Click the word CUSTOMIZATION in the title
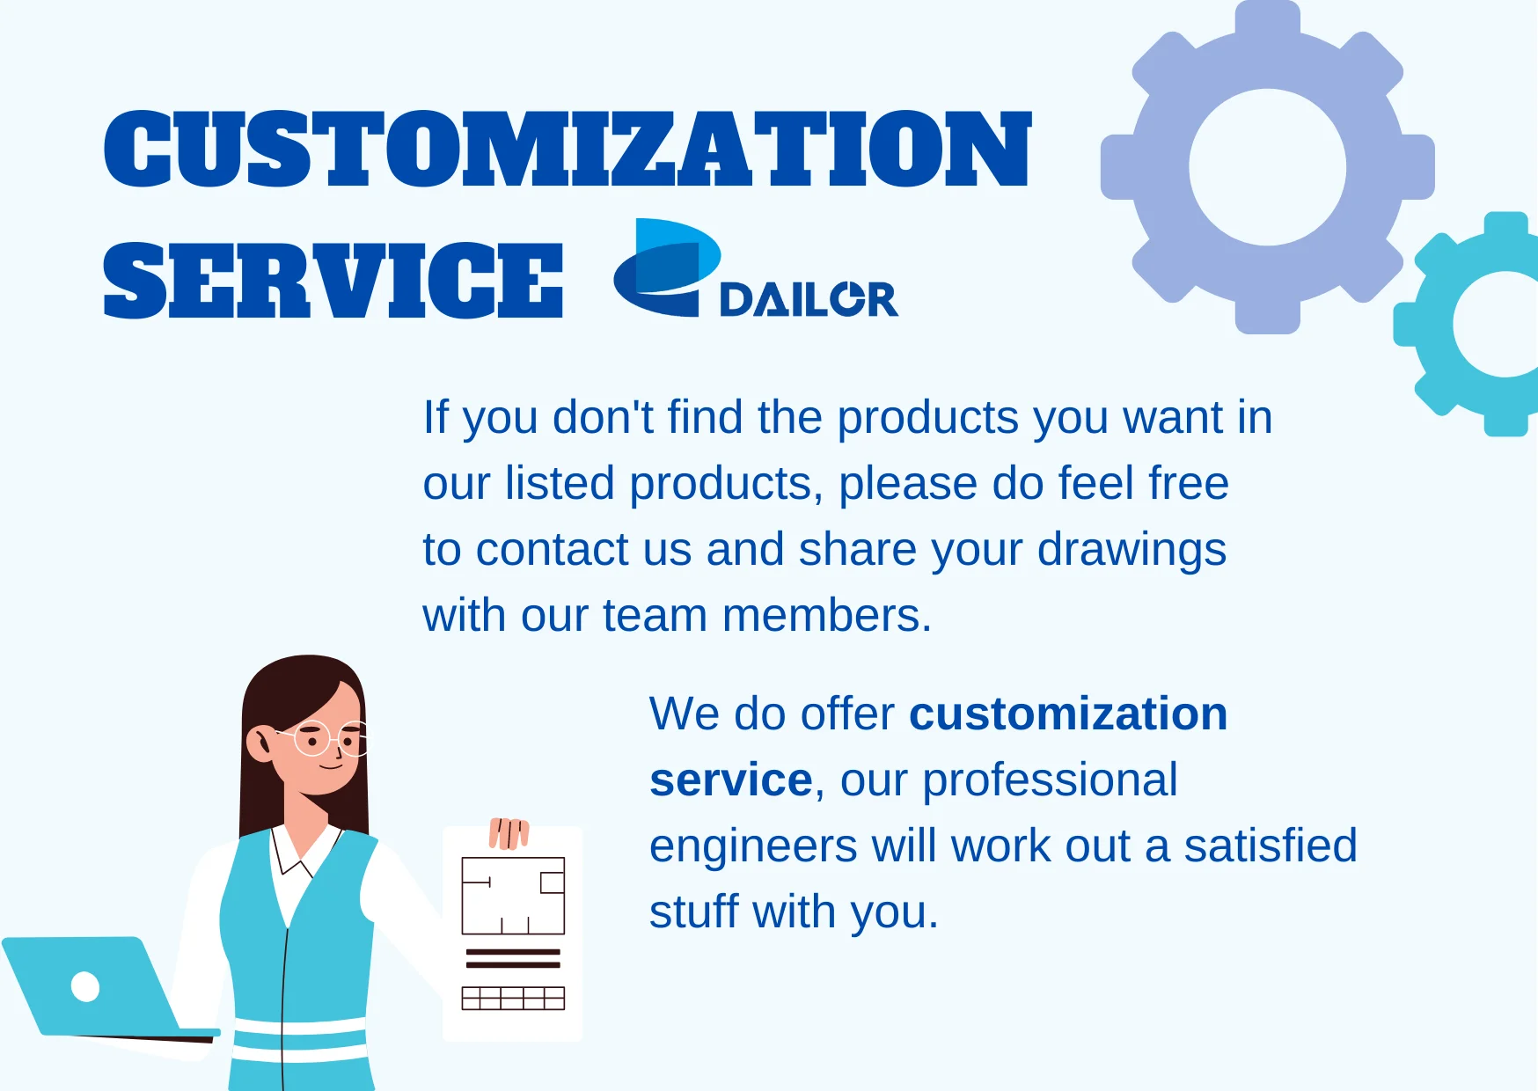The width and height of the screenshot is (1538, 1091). coord(568,149)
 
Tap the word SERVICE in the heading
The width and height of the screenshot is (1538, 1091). coord(333,281)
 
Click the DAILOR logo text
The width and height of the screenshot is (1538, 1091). coord(809,299)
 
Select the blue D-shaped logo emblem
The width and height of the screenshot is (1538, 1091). coord(667,267)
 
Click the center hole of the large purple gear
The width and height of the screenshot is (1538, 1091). coord(1268,167)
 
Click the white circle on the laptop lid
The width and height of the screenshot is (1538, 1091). coord(85,986)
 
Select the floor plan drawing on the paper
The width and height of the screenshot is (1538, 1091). coord(513,896)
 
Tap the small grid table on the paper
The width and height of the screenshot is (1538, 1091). coord(513,998)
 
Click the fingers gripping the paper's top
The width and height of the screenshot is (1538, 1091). coord(509,832)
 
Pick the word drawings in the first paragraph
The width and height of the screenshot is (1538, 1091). coord(1132,551)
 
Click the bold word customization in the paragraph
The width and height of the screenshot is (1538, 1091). coord(1068,714)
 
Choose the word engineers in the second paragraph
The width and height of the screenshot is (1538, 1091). coord(752,847)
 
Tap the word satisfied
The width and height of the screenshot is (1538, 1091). coord(1270,846)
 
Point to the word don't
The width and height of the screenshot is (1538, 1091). coord(603,417)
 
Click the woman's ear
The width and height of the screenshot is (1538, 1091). coord(260,743)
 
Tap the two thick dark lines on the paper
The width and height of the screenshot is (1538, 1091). coord(513,958)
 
